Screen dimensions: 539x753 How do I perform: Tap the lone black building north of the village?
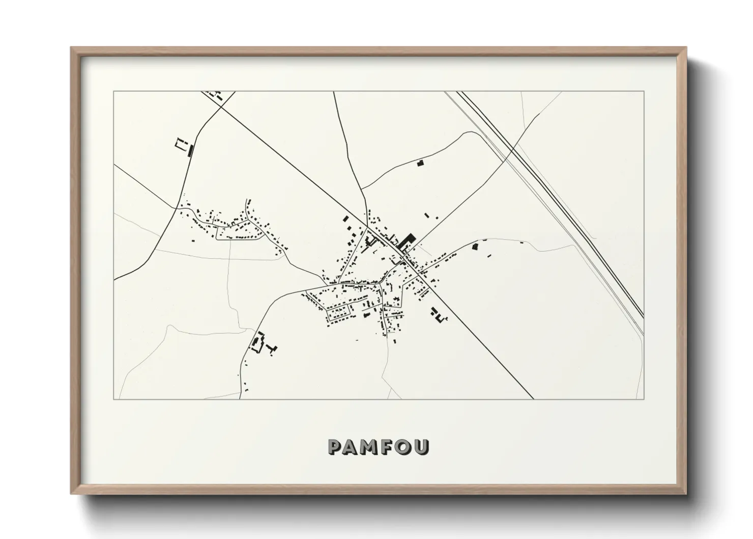tap(420, 163)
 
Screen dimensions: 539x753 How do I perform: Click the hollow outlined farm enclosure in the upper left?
tap(179, 144)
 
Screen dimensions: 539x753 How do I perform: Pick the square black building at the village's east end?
tap(476, 247)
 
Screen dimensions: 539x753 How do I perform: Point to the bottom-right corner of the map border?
tap(644, 399)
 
